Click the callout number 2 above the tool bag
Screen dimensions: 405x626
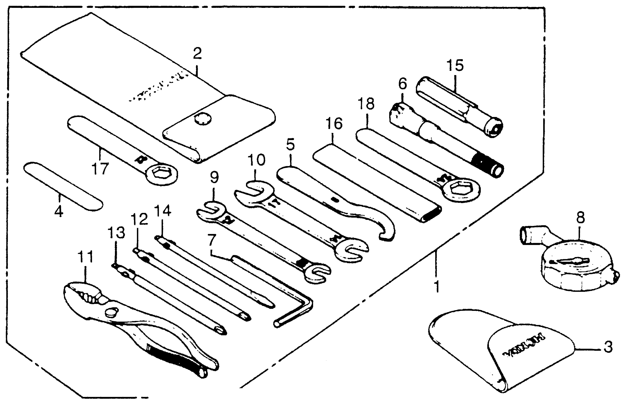point(197,53)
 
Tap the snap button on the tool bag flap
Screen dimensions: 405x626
point(203,119)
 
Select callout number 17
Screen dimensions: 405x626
point(100,168)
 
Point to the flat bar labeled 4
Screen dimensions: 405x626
point(63,186)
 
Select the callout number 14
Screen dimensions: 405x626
point(163,211)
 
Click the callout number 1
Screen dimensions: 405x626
point(437,286)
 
